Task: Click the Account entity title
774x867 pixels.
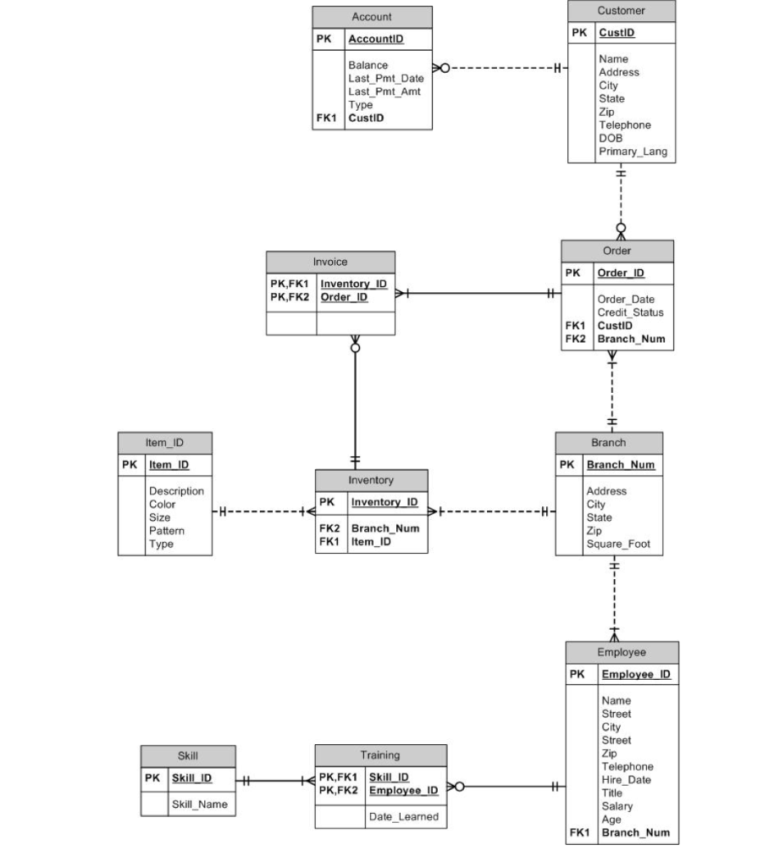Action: [x=372, y=17]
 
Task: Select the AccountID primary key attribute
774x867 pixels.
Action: [x=375, y=40]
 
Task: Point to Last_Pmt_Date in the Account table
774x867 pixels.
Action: [x=385, y=79]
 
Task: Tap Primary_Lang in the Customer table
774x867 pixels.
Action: [x=633, y=152]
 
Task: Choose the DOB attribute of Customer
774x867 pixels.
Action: [x=610, y=138]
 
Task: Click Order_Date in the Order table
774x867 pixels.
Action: [x=625, y=299]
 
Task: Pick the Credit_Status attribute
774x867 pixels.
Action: [x=630, y=312]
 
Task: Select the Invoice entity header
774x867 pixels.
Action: [x=330, y=262]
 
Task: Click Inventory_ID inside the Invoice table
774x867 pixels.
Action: [x=353, y=284]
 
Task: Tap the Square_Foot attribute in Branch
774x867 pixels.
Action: [x=618, y=544]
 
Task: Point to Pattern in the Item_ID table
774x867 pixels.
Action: [x=166, y=531]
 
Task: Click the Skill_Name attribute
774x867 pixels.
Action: [x=199, y=804]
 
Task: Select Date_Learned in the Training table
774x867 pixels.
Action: [x=403, y=817]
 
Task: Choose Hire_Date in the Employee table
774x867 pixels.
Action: [x=626, y=780]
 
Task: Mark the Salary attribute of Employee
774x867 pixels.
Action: [x=616, y=806]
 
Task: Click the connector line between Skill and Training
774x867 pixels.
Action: [x=275, y=781]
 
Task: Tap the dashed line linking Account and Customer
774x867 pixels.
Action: [x=500, y=68]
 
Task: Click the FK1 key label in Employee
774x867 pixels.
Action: [x=579, y=832]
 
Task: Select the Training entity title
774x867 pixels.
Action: [x=380, y=755]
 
